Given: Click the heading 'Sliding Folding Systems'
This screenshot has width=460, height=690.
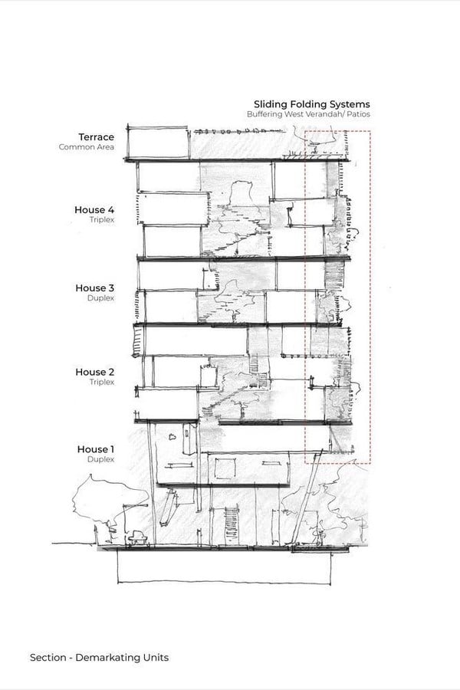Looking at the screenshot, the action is pyautogui.click(x=312, y=105).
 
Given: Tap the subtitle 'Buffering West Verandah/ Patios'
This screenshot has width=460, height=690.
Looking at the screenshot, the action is pyautogui.click(x=308, y=114).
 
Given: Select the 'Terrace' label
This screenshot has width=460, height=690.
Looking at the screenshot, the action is pyautogui.click(x=97, y=137).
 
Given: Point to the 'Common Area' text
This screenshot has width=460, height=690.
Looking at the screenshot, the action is pyautogui.click(x=87, y=147).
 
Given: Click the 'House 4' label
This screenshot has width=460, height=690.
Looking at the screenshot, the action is pyautogui.click(x=94, y=210).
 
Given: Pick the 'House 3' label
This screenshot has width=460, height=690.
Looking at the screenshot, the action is pyautogui.click(x=94, y=288).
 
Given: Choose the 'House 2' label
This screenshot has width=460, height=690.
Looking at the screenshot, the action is pyautogui.click(x=94, y=373).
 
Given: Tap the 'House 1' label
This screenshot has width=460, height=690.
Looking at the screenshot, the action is pyautogui.click(x=96, y=449).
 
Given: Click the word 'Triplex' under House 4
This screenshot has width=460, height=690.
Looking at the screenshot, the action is pyautogui.click(x=102, y=219).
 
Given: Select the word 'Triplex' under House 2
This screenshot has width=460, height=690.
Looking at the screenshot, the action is pyautogui.click(x=102, y=382).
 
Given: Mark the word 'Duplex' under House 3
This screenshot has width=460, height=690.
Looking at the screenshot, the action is pyautogui.click(x=100, y=298).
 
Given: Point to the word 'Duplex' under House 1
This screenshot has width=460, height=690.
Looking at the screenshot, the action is pyautogui.click(x=100, y=459).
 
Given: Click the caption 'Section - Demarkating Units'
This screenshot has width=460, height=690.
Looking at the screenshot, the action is pyautogui.click(x=99, y=658).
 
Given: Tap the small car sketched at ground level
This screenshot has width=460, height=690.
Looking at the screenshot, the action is pyautogui.click(x=137, y=537).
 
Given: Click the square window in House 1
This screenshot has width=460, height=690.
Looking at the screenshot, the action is pyautogui.click(x=225, y=468).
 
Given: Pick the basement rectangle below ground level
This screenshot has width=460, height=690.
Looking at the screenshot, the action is pyautogui.click(x=224, y=567).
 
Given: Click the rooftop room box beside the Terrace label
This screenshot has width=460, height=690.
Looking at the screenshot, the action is pyautogui.click(x=158, y=143).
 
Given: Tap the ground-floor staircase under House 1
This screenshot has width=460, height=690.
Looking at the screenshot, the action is pyautogui.click(x=232, y=525).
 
